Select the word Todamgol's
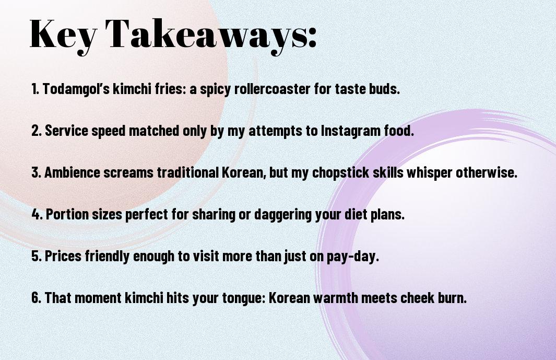pos(76,89)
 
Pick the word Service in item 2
pos(67,131)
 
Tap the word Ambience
pos(73,172)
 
